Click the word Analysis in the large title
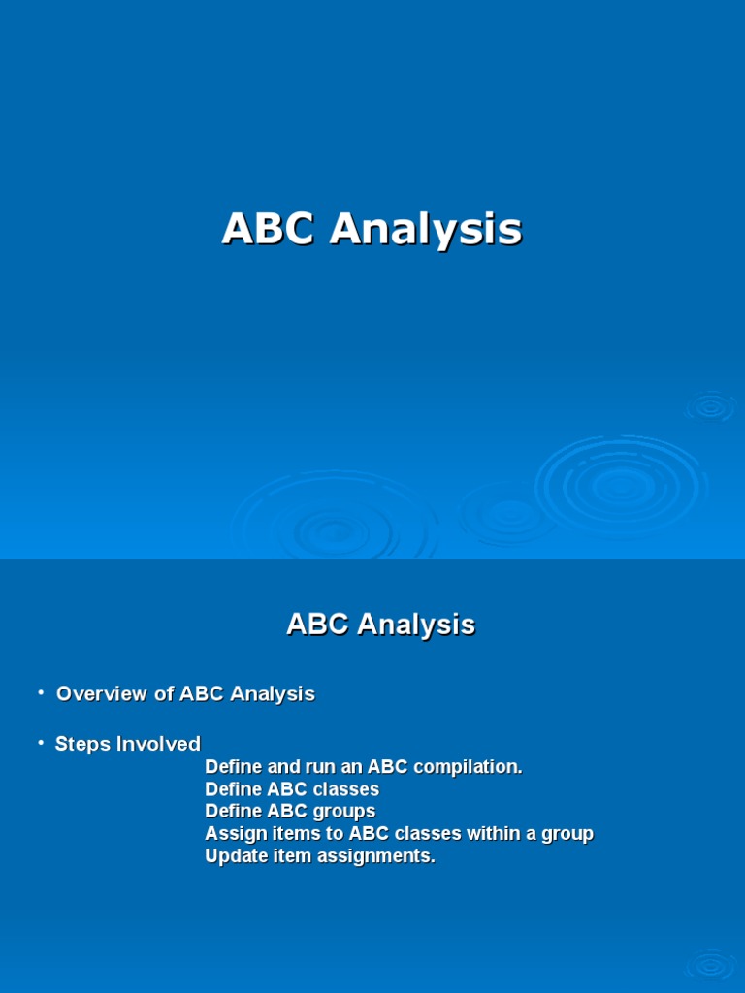[426, 230]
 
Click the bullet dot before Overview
[41, 692]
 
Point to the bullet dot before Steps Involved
[41, 743]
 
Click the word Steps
[82, 745]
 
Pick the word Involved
[158, 745]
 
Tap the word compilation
[473, 767]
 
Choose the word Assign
[233, 834]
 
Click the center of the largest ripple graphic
[620, 485]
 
